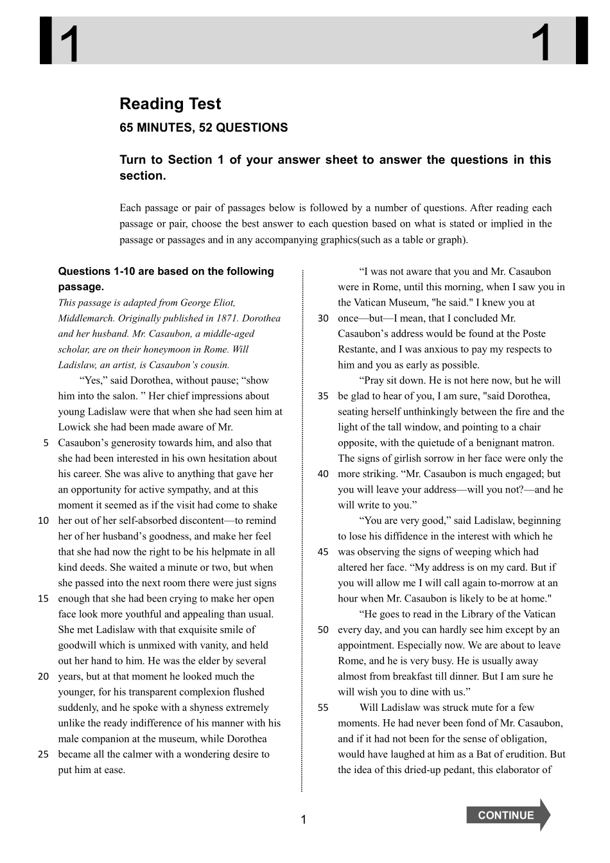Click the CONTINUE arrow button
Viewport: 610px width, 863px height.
pyautogui.click(x=507, y=815)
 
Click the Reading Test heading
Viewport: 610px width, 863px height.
pyautogui.click(x=170, y=104)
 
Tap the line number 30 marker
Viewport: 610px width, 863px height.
pyautogui.click(x=323, y=318)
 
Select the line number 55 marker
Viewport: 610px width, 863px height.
pyautogui.click(x=323, y=708)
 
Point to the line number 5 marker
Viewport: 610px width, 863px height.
pyautogui.click(x=46, y=443)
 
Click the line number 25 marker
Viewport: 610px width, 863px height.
pyautogui.click(x=43, y=754)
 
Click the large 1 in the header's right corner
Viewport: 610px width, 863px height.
pyautogui.click(x=543, y=42)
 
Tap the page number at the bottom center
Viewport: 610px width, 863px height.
pyautogui.click(x=304, y=819)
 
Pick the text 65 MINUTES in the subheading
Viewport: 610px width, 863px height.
pyautogui.click(x=152, y=128)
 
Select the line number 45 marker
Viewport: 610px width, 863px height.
pyautogui.click(x=323, y=552)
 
